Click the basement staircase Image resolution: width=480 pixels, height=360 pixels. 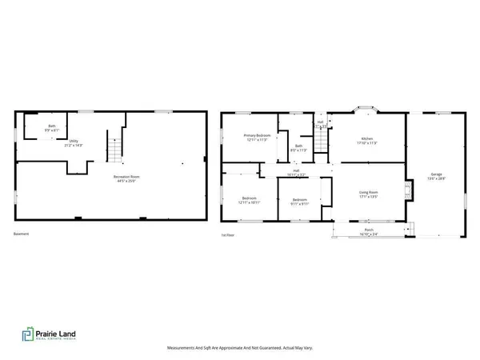(x=115, y=147)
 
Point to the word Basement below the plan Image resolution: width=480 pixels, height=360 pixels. (x=21, y=234)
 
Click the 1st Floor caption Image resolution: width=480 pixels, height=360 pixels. (x=229, y=234)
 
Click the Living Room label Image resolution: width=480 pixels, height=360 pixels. (x=368, y=194)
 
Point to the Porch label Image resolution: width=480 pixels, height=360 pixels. (x=369, y=232)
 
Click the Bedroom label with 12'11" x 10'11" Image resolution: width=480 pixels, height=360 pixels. (x=247, y=200)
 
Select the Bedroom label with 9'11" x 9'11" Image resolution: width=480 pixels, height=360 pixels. (x=300, y=202)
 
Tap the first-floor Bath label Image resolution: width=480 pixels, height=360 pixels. (x=298, y=148)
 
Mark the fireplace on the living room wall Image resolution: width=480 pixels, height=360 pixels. (x=409, y=190)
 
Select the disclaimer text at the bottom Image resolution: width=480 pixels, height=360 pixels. (x=239, y=348)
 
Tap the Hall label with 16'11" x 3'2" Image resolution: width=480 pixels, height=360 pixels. (x=296, y=172)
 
